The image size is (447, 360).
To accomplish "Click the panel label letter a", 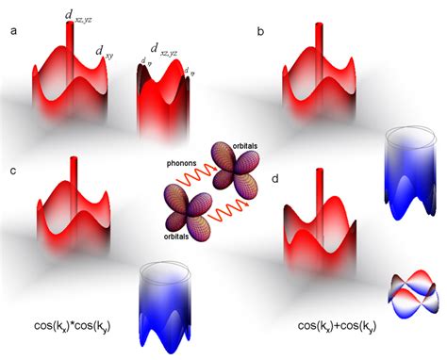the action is (x=12, y=32).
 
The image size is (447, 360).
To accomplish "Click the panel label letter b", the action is (x=261, y=32).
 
